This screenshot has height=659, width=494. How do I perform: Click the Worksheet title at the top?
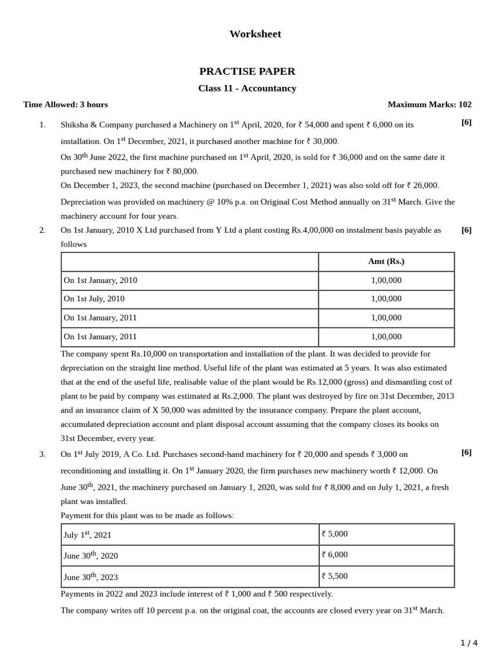point(255,34)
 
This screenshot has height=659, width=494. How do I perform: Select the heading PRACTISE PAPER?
point(247,71)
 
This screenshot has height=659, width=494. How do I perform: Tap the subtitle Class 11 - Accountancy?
point(247,88)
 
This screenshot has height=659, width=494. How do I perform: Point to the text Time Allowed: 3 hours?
point(66,104)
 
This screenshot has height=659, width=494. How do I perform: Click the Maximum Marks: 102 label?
point(429,104)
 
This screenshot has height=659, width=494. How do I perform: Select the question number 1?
point(42,125)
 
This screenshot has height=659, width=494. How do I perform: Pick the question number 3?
point(42,454)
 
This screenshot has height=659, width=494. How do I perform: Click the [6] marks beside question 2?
point(466,230)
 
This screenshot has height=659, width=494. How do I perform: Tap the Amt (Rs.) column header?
point(386,261)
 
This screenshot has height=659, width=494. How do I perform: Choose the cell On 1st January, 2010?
point(100,281)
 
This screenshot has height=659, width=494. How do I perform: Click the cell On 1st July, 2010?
point(93,299)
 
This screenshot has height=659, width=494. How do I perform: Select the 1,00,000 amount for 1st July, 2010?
point(386,299)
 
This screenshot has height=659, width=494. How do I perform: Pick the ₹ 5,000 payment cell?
point(334,534)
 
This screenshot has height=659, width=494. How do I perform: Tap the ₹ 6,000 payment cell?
point(334,555)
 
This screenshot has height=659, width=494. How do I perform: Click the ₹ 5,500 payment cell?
point(334,576)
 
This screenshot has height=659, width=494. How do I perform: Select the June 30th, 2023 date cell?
point(91,577)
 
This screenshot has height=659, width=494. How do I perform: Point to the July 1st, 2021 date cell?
point(87,535)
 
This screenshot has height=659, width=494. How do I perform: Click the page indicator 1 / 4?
point(469,643)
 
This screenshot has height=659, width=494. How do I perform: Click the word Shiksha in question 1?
point(75,125)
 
